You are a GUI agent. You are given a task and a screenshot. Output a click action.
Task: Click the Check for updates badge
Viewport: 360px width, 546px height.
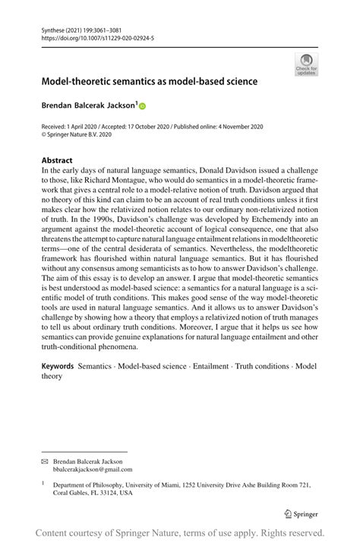pyautogui.click(x=306, y=65)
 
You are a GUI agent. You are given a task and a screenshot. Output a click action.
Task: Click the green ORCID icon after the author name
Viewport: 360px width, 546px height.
pyautogui.click(x=141, y=107)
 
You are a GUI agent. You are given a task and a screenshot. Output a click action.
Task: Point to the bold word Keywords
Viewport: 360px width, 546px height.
pyautogui.click(x=58, y=366)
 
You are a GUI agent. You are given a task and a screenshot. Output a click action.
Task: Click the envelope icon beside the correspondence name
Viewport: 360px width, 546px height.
pyautogui.click(x=44, y=461)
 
